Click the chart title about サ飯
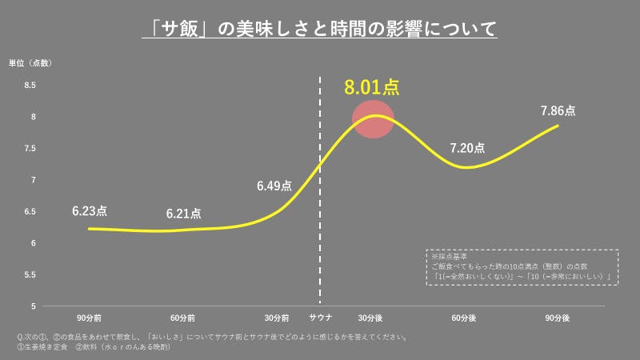(319, 30)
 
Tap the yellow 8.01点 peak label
(371, 87)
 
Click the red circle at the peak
(374, 119)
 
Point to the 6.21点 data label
(184, 214)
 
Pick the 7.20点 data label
(467, 148)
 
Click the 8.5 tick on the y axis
(30, 86)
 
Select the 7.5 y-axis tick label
(30, 149)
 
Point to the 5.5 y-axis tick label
(30, 274)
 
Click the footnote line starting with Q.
(211, 337)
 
